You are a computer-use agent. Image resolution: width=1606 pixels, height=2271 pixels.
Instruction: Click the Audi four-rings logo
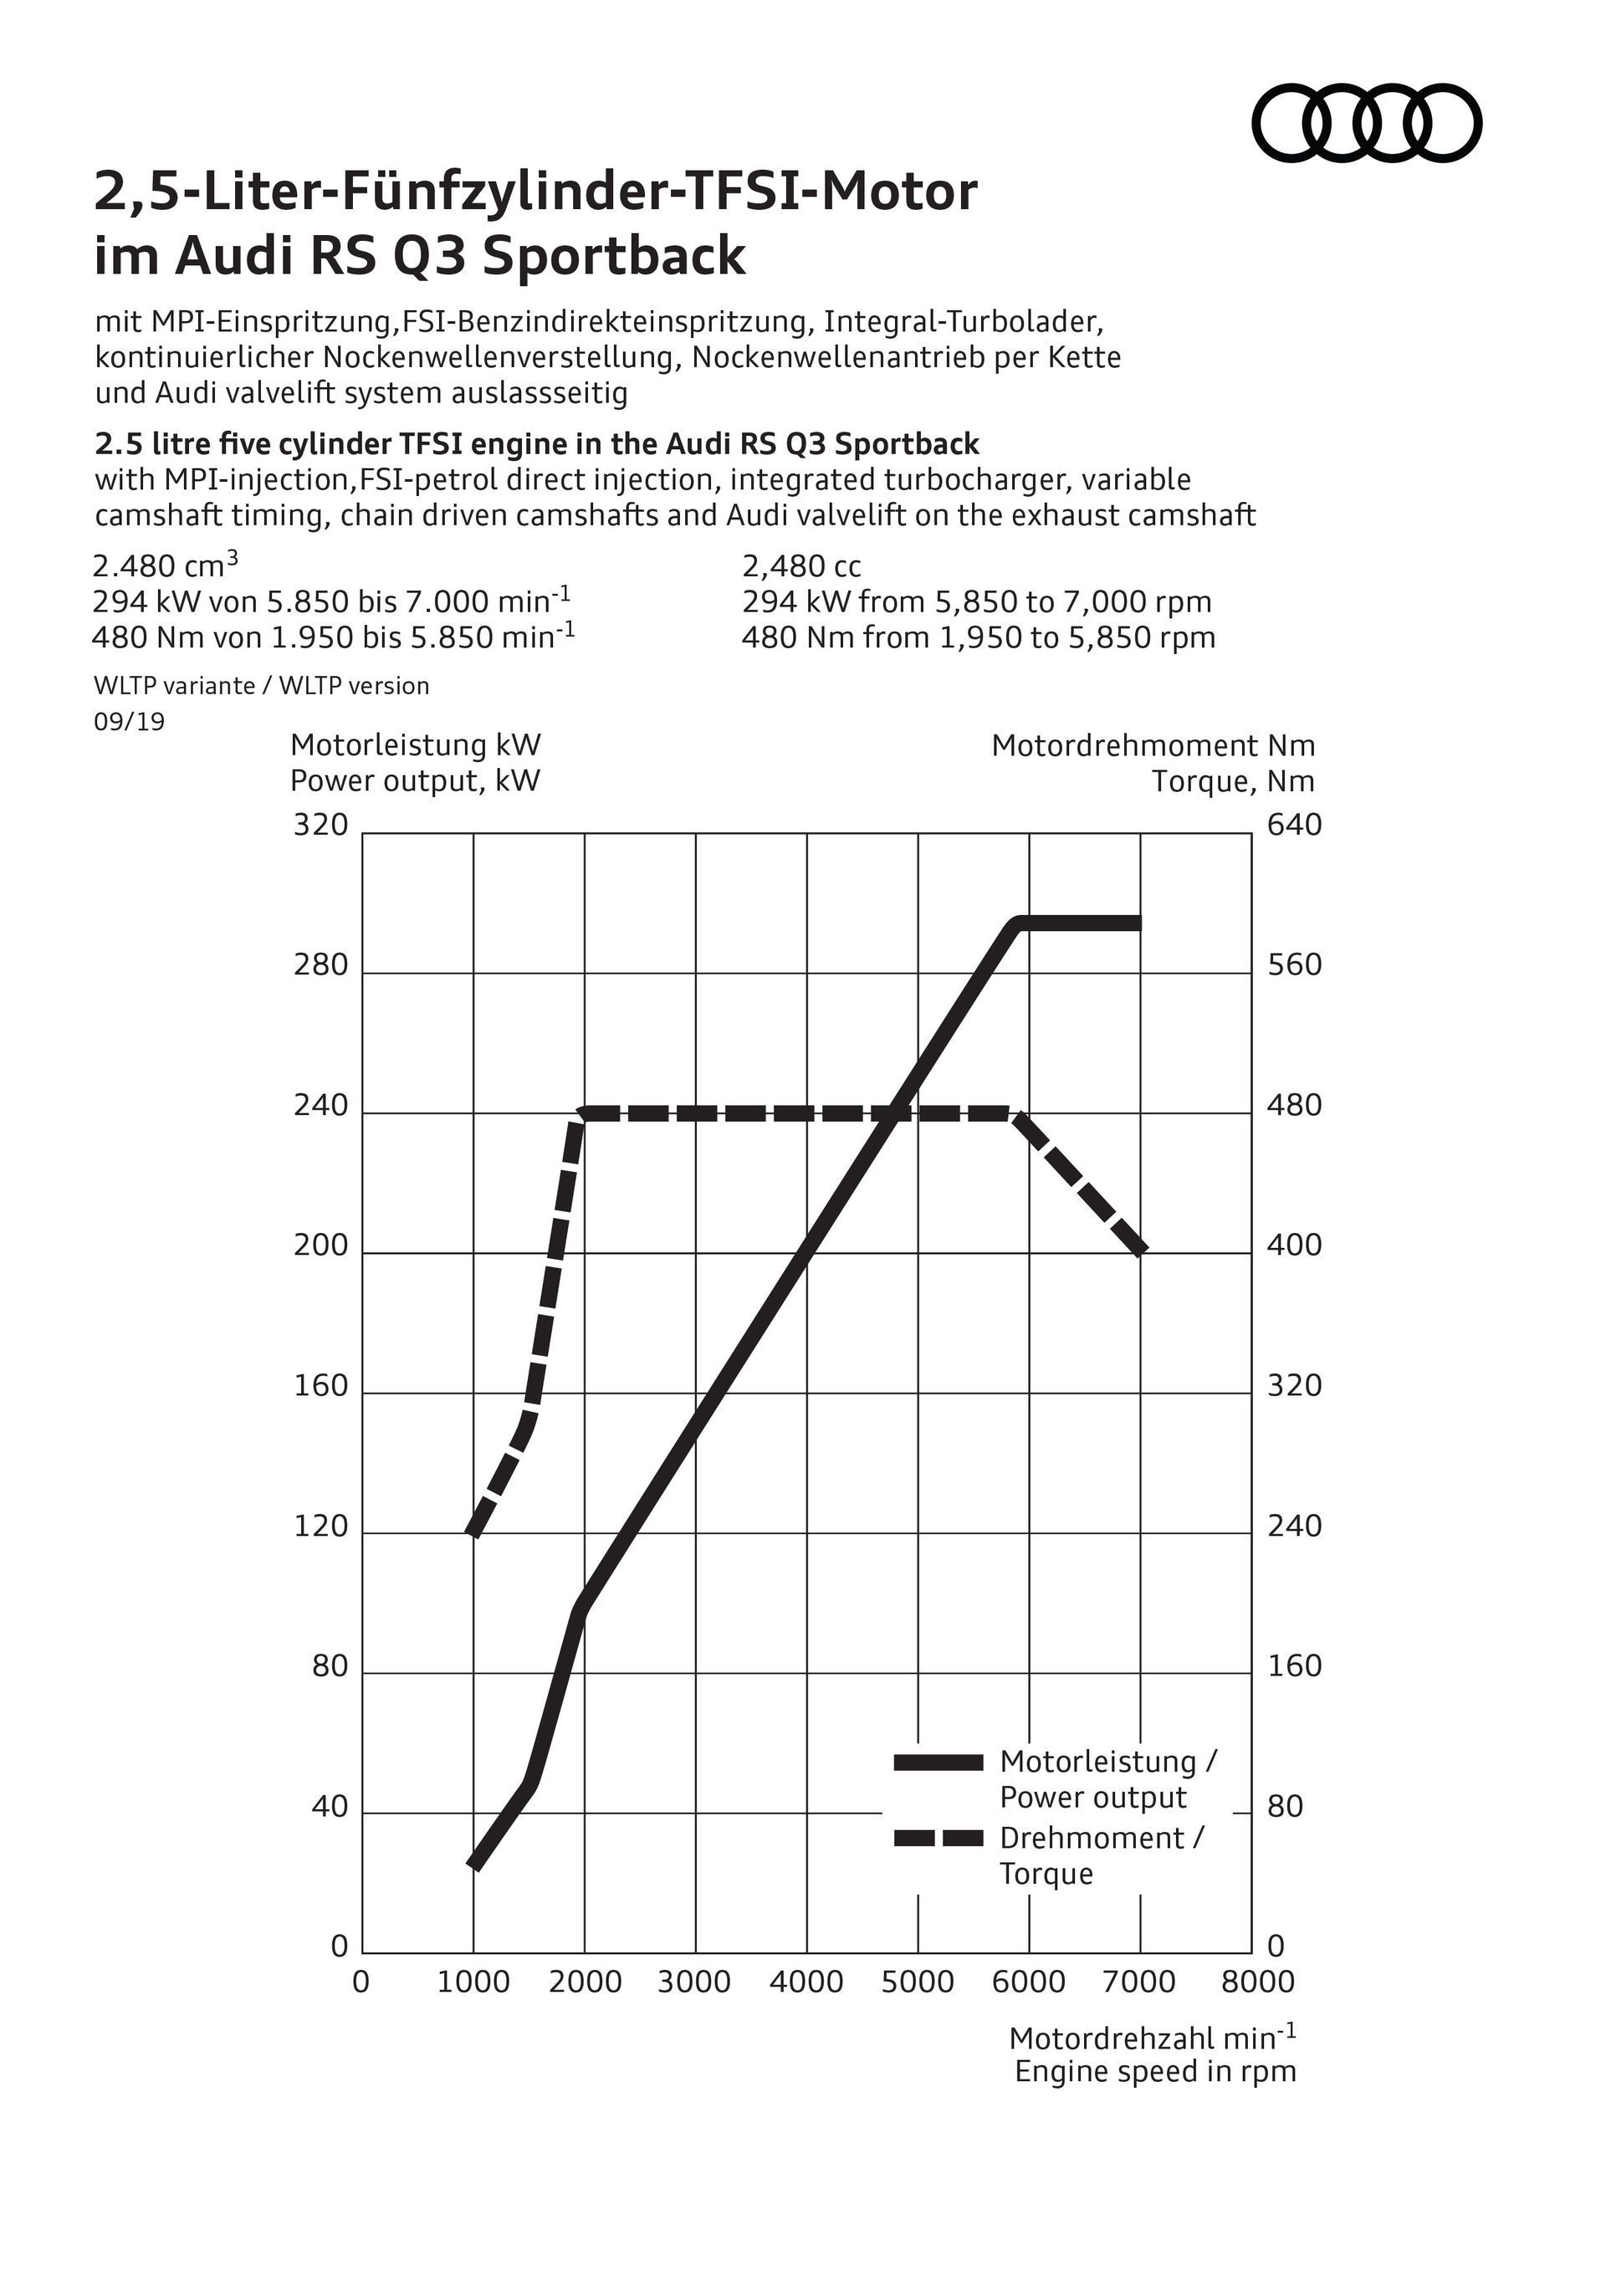(x=1367, y=123)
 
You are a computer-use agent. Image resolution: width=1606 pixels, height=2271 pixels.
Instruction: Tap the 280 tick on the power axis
(x=321, y=965)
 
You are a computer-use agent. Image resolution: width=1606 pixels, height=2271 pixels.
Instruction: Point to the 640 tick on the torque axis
(x=1295, y=825)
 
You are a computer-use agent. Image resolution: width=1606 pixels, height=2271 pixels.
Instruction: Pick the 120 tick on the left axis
(x=321, y=1527)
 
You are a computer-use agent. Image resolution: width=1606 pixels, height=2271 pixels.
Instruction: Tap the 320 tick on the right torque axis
(x=1295, y=1386)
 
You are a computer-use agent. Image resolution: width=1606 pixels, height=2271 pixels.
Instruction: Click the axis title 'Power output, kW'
(x=416, y=781)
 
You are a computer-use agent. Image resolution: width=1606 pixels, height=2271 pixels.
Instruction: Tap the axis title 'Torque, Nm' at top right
(x=1233, y=781)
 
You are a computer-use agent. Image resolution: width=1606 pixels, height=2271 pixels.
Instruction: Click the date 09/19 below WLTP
(x=130, y=722)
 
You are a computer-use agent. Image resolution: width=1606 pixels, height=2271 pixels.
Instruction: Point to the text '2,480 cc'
(x=801, y=567)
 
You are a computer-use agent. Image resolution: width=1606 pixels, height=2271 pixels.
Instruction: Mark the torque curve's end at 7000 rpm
(x=1140, y=1251)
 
